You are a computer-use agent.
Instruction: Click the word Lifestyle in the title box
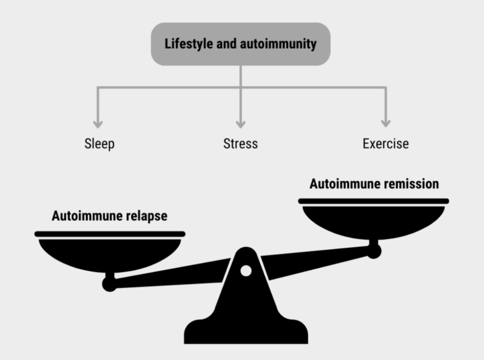(189, 44)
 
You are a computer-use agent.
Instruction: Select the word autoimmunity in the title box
(278, 44)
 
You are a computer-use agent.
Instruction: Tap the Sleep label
(100, 144)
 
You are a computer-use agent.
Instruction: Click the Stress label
(240, 144)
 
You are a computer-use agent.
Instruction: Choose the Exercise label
(386, 144)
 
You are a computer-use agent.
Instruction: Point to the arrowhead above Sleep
(98, 124)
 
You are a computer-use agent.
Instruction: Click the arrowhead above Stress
(241, 124)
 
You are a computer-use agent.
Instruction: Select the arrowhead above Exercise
(386, 123)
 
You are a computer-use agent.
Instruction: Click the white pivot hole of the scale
(246, 271)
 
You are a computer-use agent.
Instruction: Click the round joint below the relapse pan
(110, 284)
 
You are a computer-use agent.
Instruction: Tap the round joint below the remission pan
(374, 251)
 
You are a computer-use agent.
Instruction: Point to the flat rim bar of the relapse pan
(110, 234)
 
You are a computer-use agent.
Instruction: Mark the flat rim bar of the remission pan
(373, 201)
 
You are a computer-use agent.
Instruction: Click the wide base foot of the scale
(246, 332)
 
